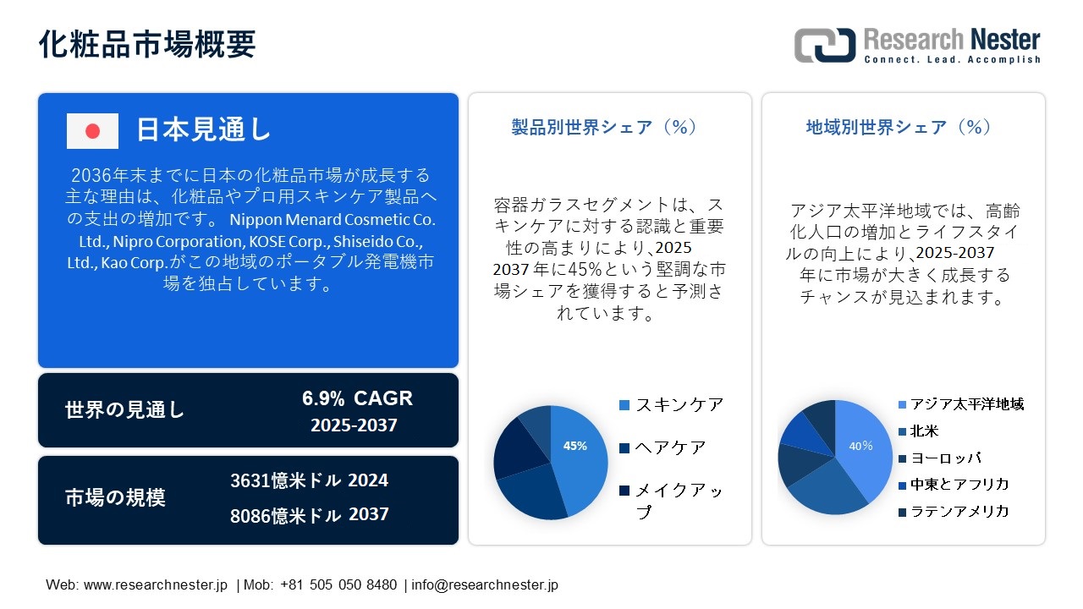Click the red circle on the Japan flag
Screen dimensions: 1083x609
(x=92, y=131)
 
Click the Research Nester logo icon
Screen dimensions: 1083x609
(x=825, y=45)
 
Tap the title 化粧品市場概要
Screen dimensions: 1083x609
(x=147, y=44)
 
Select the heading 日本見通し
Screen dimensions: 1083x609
(x=203, y=129)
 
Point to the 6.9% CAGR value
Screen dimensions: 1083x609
(x=357, y=398)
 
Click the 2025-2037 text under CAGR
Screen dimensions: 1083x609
(x=354, y=425)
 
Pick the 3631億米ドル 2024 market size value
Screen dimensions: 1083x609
(x=310, y=480)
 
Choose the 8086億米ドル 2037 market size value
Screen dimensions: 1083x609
(x=310, y=515)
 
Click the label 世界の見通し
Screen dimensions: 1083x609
(x=124, y=410)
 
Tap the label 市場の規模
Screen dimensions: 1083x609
(x=115, y=497)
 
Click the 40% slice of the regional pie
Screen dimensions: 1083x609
(x=863, y=449)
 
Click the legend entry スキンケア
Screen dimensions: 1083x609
(x=672, y=405)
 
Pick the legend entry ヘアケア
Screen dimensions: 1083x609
(x=662, y=448)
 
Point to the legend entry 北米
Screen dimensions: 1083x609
(x=919, y=431)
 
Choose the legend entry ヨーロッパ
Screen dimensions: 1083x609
(x=940, y=458)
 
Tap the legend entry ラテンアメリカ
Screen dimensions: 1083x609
(x=954, y=512)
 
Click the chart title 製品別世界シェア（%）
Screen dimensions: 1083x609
(x=604, y=127)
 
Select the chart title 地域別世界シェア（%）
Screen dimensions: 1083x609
(x=899, y=127)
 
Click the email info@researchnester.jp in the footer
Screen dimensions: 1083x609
(x=485, y=584)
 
